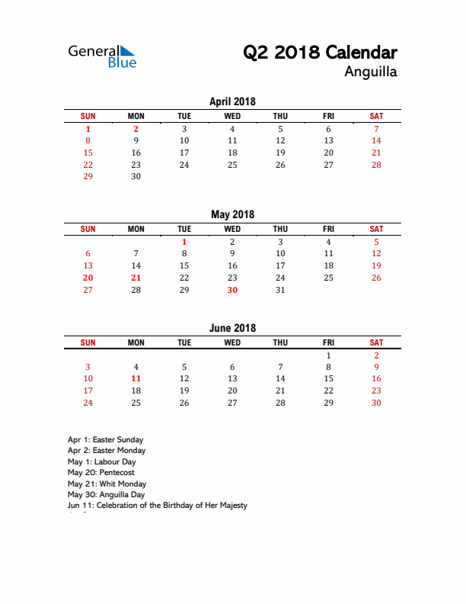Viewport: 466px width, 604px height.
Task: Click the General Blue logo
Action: click(102, 56)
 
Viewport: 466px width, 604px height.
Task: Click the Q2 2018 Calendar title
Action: click(320, 53)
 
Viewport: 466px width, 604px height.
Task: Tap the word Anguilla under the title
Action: click(371, 73)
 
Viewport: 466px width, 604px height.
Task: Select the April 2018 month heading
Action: click(232, 101)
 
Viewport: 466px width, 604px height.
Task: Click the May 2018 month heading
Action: click(232, 214)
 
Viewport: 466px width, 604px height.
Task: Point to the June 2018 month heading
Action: click(232, 328)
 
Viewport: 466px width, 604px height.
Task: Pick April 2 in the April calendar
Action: click(136, 129)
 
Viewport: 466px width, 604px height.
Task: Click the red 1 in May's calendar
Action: click(184, 242)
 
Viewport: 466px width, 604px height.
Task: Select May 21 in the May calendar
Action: click(136, 278)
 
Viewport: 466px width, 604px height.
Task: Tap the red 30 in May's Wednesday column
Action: click(232, 290)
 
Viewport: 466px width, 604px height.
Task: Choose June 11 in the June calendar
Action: click(136, 378)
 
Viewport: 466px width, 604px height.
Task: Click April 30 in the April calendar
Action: click(136, 176)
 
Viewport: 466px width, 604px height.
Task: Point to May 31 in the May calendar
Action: click(280, 290)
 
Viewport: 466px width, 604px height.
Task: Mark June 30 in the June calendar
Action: click(376, 403)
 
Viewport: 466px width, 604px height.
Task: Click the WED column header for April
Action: click(232, 116)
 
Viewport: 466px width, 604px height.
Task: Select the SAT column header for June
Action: click(376, 342)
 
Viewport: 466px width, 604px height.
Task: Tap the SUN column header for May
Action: click(88, 229)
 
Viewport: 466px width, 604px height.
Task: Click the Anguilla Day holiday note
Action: click(106, 494)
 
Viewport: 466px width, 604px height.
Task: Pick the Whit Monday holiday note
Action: click(107, 484)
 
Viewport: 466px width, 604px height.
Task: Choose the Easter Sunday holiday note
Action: click(105, 439)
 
